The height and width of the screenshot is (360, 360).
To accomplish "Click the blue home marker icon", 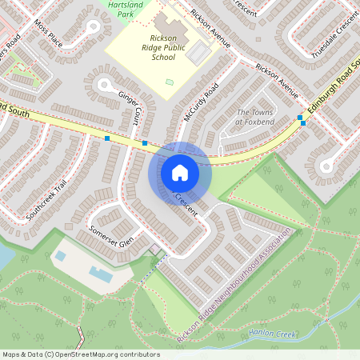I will point(179,172).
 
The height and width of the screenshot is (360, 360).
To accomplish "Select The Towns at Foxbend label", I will point(255,118).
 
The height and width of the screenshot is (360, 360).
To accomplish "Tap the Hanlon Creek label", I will point(267,334).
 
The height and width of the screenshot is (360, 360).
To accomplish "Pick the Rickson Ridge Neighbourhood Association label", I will point(234,287).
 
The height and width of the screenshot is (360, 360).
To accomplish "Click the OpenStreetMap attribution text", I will point(81,354).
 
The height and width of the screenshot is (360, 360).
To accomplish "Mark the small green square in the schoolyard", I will point(169,82).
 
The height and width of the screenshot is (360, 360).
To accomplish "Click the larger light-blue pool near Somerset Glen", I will point(100,274).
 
